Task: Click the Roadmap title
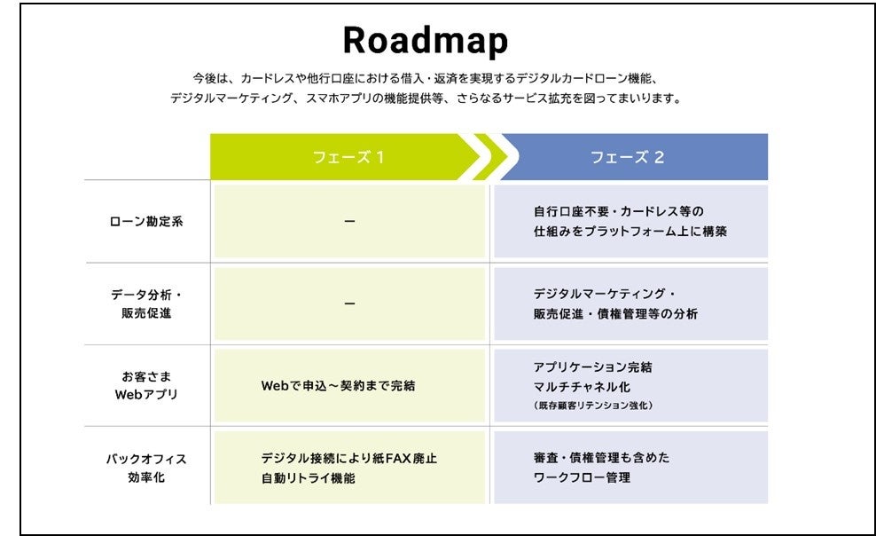click(426, 41)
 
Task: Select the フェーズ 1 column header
click(348, 157)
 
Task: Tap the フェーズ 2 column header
click(627, 157)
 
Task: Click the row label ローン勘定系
click(146, 221)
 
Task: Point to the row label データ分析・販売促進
click(146, 303)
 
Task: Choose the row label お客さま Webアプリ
click(146, 385)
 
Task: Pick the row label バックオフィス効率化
click(146, 468)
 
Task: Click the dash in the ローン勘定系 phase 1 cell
click(349, 221)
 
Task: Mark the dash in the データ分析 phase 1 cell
click(349, 303)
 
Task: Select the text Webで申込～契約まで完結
click(338, 386)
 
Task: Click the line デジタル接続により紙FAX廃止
click(348, 459)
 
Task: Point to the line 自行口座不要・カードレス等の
click(617, 211)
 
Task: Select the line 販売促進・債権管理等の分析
click(615, 313)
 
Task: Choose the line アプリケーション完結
click(592, 367)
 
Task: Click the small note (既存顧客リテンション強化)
click(592, 406)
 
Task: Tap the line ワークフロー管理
click(582, 477)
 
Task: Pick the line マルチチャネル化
click(582, 386)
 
